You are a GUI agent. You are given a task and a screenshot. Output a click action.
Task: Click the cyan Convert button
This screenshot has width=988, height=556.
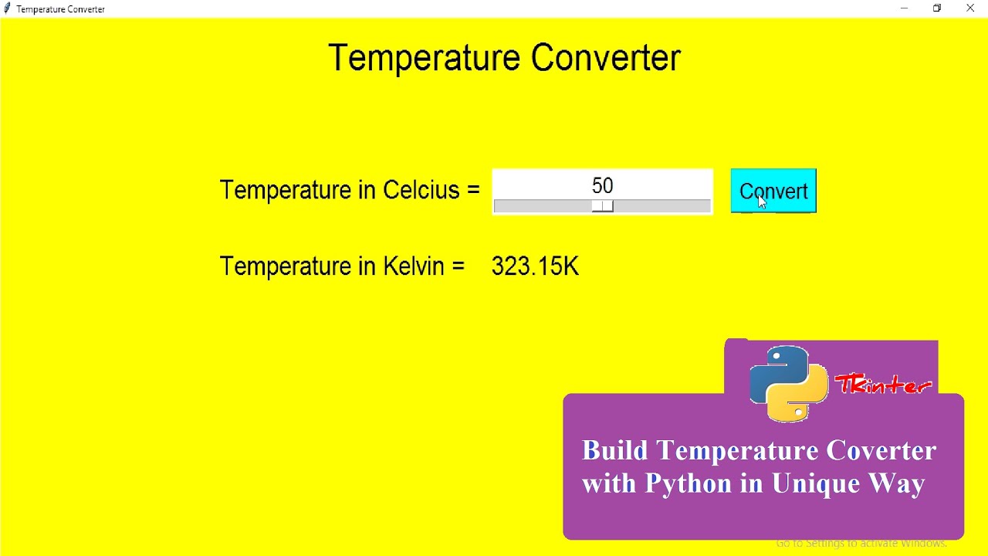(x=773, y=191)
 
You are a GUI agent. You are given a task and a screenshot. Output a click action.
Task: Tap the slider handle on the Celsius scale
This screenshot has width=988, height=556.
(x=603, y=206)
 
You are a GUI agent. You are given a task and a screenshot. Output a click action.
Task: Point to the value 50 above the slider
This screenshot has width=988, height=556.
(x=602, y=186)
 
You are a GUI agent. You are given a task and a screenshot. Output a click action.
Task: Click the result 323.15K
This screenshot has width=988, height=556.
(x=535, y=266)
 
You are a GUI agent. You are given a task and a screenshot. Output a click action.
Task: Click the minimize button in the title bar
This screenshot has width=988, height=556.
(x=905, y=8)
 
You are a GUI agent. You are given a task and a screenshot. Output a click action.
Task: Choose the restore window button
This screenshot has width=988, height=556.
(x=938, y=8)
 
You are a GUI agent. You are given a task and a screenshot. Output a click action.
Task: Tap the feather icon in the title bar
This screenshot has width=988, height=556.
(x=8, y=8)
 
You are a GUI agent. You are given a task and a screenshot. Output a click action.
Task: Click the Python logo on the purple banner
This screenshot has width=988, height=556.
(x=788, y=384)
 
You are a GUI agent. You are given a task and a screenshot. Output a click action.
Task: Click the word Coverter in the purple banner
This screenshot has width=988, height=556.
(x=878, y=451)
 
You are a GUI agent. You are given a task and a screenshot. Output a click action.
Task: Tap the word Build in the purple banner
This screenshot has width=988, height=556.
(x=615, y=451)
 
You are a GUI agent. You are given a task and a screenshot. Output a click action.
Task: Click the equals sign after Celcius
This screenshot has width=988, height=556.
(x=472, y=191)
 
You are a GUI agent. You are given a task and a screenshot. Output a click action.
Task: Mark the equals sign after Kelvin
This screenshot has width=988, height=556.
(x=458, y=267)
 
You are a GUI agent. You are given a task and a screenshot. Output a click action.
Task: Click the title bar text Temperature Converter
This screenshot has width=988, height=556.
(x=61, y=9)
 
